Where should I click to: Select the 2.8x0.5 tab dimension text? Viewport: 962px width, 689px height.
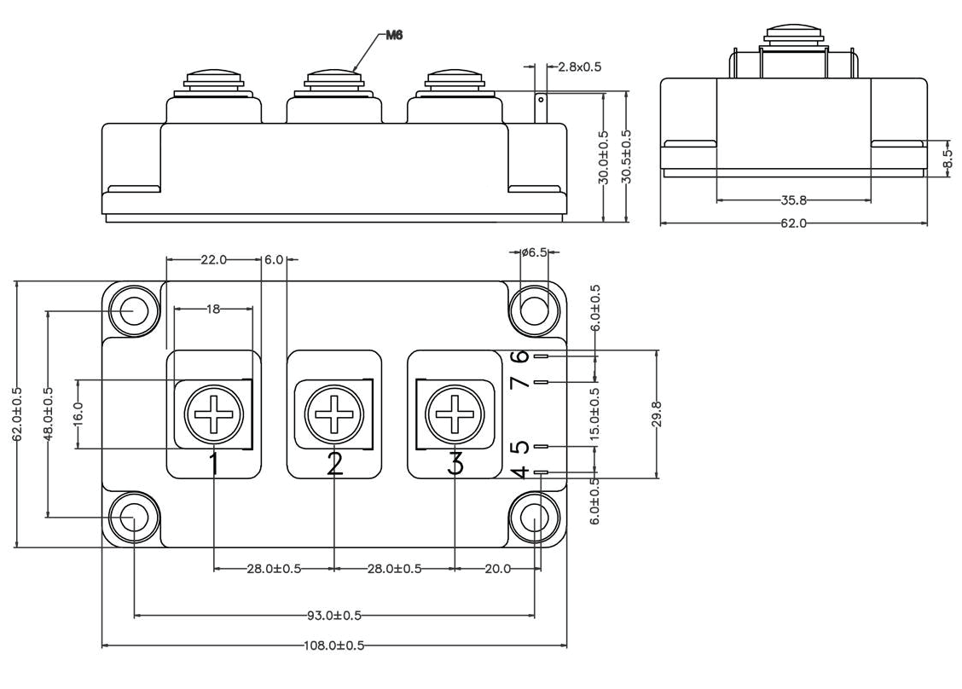(x=580, y=67)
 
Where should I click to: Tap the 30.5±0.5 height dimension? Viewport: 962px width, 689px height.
(x=627, y=157)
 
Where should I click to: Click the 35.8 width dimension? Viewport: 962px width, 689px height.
(x=793, y=201)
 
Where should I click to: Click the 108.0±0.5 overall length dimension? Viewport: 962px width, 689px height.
(x=334, y=646)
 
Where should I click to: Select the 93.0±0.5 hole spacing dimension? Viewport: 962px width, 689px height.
(x=334, y=615)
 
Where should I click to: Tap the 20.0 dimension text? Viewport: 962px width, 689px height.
(x=497, y=569)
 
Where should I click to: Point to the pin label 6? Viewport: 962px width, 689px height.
(x=522, y=356)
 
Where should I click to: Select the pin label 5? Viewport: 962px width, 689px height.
(x=522, y=446)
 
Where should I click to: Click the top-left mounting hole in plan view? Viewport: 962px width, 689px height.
(x=132, y=310)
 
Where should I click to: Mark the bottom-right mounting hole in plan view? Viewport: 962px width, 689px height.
(x=534, y=517)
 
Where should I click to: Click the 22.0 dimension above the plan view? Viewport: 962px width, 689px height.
(x=213, y=260)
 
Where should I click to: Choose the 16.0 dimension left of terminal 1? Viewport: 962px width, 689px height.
(x=78, y=414)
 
